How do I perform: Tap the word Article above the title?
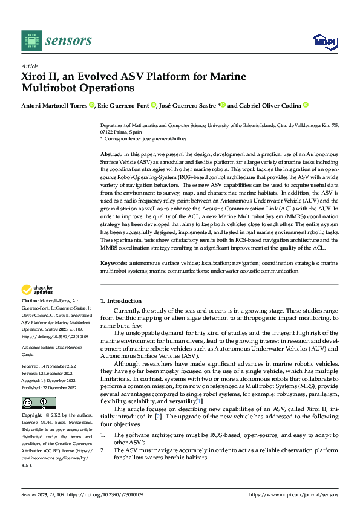pos(30,66)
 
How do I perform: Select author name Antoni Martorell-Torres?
pos(54,105)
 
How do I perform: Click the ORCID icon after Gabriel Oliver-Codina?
pos(306,105)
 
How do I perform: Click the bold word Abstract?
pos(111,155)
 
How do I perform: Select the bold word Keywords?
pos(113,264)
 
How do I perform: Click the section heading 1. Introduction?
pos(121,300)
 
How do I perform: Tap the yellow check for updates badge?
pos(38,290)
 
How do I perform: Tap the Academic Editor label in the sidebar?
pos(38,349)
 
